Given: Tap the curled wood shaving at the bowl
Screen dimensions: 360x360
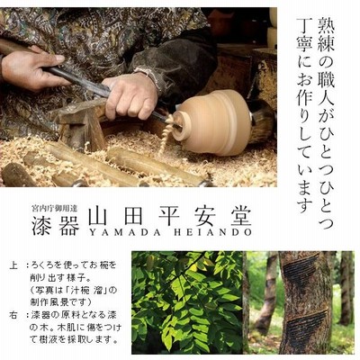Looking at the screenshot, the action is pos(166,133).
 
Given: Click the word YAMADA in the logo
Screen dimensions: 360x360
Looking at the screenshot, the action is pos(115,232).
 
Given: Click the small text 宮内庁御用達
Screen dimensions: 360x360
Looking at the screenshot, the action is pos(56,208).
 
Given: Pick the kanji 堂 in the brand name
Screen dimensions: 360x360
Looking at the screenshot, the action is pos(239,216).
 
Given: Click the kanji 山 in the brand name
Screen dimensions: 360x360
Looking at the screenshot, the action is pos(100,216).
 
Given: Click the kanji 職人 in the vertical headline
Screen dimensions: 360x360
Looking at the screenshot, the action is pos(325,86).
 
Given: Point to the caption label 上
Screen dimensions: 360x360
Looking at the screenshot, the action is pos(13,265).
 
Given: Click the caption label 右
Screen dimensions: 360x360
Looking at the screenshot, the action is pos(13,316).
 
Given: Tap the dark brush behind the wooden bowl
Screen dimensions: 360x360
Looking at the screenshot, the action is pos(261,120).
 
